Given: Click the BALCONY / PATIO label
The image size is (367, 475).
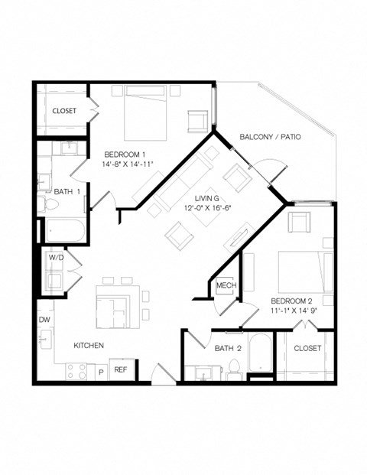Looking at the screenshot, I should tap(270, 137).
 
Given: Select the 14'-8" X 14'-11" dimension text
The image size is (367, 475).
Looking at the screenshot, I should tap(128, 164).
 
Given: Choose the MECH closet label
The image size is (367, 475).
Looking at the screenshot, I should tap(225, 286).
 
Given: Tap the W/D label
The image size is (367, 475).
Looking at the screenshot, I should tap(56, 258).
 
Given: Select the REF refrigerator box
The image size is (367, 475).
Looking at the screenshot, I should tap(121, 369).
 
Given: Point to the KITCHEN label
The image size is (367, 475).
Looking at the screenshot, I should tap(89, 346).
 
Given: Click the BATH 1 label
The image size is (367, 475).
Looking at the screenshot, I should tap(68, 191).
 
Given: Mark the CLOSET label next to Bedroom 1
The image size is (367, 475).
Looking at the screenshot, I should tap(64, 111).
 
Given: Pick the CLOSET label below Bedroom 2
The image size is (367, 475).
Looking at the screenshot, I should tap(308, 349).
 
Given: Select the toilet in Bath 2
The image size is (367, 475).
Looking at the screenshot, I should tap(235, 369).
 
